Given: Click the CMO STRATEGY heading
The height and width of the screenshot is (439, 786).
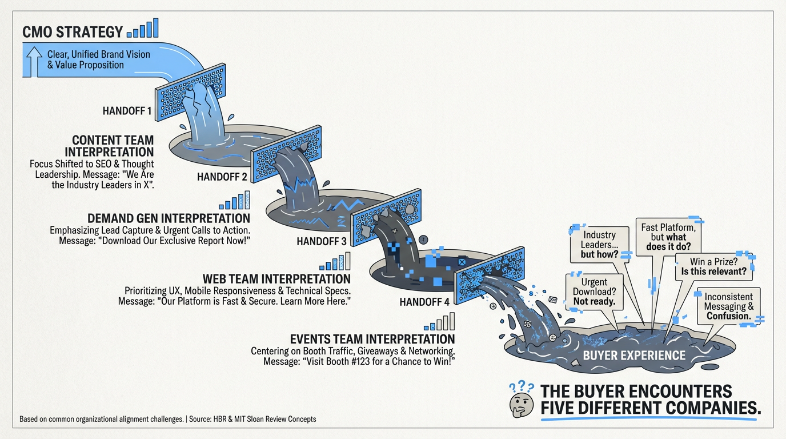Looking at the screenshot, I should [72, 32].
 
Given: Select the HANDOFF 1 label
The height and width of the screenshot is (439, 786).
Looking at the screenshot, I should [127, 111].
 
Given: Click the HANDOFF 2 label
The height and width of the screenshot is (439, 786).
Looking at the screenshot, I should [222, 177].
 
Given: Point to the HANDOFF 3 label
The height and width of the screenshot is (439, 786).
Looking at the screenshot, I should [322, 241].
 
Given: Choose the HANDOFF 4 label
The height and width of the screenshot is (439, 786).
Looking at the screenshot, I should [424, 302].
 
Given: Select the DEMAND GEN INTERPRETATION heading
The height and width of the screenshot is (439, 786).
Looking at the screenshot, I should [169, 218].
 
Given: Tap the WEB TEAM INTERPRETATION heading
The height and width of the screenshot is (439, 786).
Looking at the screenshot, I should [277, 279].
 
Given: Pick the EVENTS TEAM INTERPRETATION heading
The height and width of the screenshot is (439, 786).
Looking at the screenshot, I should [372, 340].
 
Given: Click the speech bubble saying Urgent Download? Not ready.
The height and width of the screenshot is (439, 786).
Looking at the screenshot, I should [593, 292].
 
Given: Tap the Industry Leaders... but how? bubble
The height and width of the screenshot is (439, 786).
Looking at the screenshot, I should [599, 244].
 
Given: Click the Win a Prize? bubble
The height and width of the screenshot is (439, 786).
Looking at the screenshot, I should [713, 267].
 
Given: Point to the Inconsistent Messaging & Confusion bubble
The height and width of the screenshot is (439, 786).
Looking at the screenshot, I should [728, 306].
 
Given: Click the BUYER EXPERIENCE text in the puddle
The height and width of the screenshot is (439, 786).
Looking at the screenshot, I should [633, 356].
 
